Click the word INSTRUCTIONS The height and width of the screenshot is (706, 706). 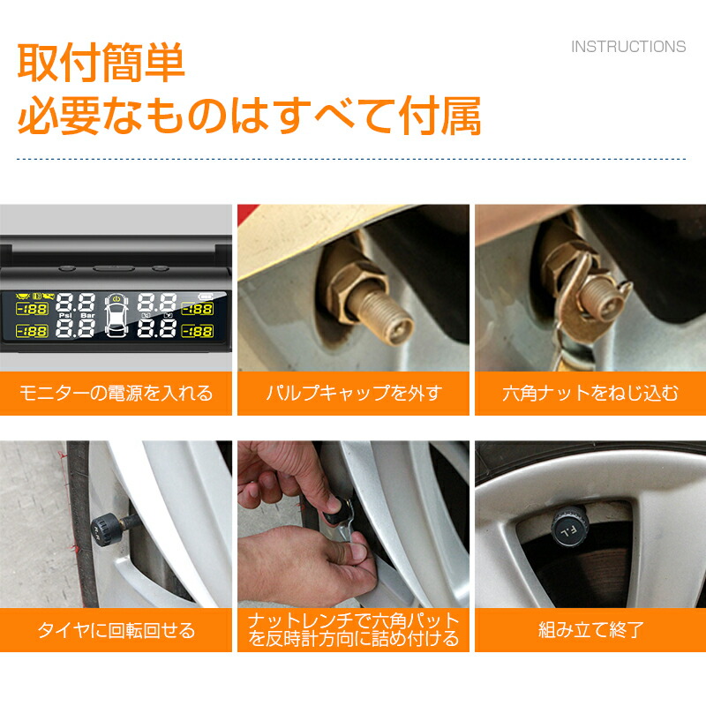(628, 47)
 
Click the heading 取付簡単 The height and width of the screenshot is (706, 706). (101, 62)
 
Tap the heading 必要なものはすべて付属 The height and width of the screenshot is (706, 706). (250, 116)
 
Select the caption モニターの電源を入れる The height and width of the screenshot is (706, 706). (116, 393)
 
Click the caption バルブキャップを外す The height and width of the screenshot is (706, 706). (354, 393)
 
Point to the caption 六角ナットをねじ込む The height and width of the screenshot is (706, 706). (590, 393)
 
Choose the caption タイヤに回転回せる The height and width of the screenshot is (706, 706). (116, 630)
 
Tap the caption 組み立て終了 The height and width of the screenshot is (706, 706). (590, 630)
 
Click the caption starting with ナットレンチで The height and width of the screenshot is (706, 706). (354, 630)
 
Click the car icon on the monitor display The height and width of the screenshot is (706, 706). (116, 315)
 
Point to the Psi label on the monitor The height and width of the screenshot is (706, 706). (65, 316)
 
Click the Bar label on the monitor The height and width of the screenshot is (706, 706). (87, 316)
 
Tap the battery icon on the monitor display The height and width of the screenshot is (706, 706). (206, 297)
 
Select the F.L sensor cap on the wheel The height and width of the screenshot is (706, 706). (569, 526)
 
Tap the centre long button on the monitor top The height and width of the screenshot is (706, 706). (114, 269)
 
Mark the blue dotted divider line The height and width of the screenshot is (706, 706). (351, 159)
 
